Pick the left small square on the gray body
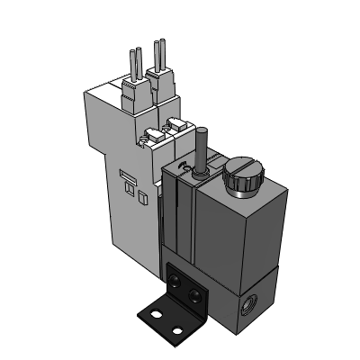pos(127,190)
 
